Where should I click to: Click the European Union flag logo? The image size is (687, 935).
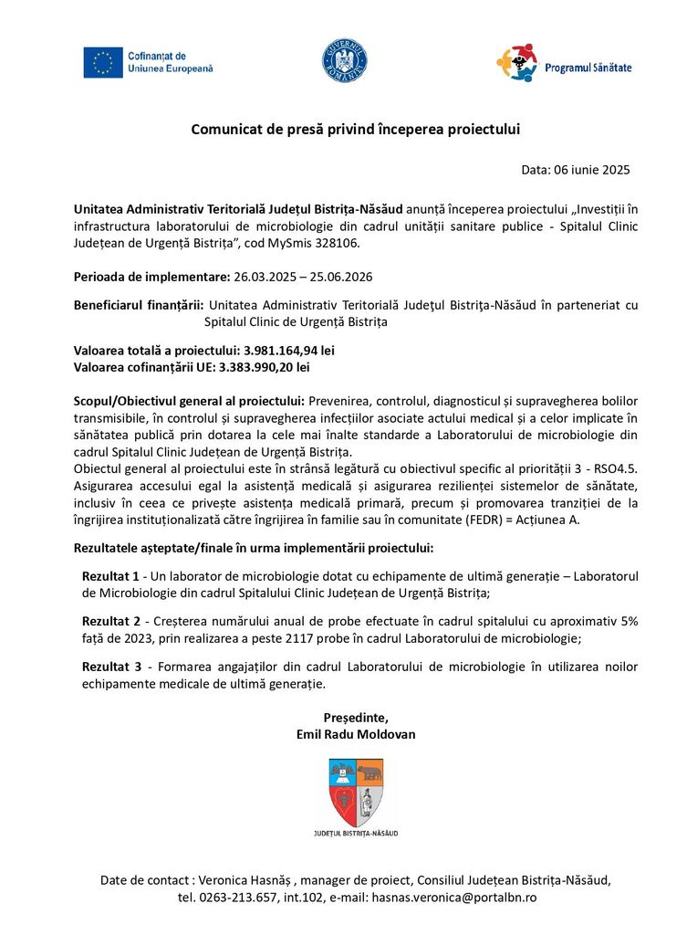(102, 62)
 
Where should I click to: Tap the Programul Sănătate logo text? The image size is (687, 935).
(588, 68)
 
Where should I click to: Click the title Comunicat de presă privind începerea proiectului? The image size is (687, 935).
(355, 129)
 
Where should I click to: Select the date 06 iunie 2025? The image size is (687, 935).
(591, 170)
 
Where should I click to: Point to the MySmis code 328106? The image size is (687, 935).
(335, 244)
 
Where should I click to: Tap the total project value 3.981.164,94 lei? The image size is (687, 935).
(289, 350)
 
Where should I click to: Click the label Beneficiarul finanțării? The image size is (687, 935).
(139, 306)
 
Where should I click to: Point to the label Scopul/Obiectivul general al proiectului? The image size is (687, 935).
(189, 401)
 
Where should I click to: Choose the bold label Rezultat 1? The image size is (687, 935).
(111, 576)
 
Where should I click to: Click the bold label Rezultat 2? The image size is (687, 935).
(111, 621)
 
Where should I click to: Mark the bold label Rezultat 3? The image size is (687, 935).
(111, 667)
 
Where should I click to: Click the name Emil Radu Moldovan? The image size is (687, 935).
(356, 734)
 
